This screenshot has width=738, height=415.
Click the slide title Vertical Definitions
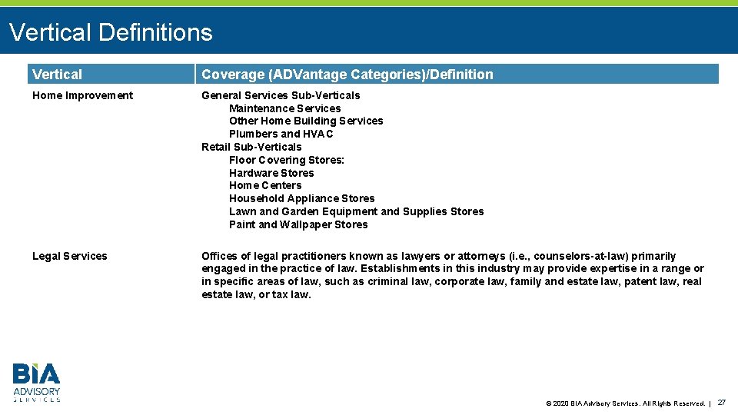tap(111, 32)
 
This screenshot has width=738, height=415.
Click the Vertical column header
tap(57, 75)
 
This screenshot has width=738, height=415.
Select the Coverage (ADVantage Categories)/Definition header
tap(347, 75)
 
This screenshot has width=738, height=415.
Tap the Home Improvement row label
tap(82, 95)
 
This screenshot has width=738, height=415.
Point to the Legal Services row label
tap(70, 256)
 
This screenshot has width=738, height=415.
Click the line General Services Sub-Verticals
tap(281, 95)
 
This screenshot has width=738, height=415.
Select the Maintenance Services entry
tap(284, 108)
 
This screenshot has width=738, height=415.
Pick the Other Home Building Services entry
tap(306, 121)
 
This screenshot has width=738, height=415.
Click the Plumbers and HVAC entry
tap(281, 134)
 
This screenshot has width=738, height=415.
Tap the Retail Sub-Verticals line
tap(251, 147)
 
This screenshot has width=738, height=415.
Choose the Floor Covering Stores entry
tap(287, 160)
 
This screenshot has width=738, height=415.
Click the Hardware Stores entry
tap(271, 173)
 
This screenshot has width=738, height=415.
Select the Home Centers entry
tap(265, 185)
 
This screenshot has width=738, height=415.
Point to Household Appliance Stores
tap(301, 198)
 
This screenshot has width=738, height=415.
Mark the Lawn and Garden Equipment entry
tap(356, 211)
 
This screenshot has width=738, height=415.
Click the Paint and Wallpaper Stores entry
tap(298, 224)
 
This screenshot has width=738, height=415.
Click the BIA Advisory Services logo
tap(36, 383)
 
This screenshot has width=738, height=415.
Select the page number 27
tap(721, 402)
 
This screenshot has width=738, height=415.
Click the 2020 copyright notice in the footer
tap(624, 403)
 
